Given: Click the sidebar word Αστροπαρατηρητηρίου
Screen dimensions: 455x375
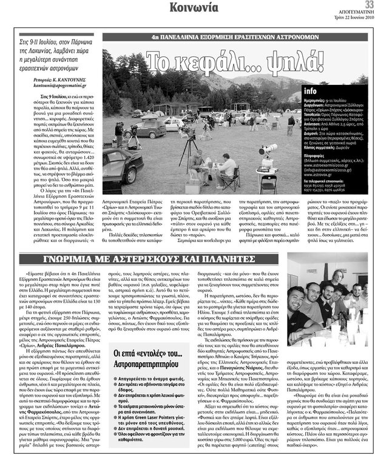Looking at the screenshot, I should pyautogui.click(x=143, y=359).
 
